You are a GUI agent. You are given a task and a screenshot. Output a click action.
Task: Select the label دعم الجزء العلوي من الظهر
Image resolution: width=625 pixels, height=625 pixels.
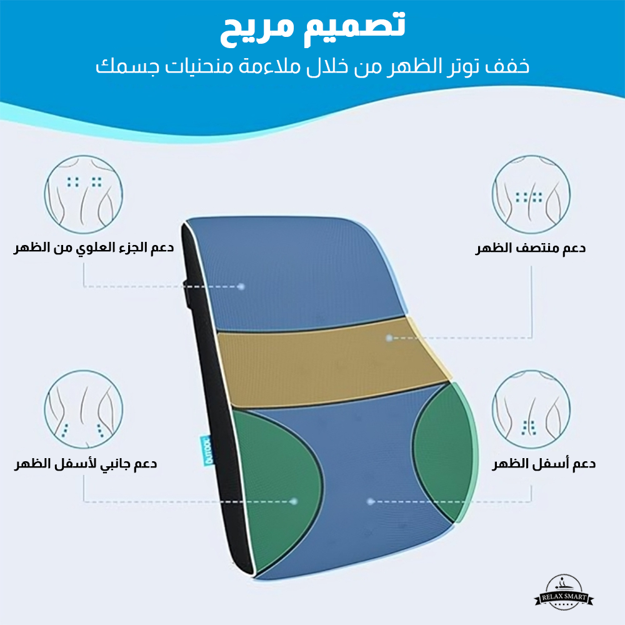(94, 248)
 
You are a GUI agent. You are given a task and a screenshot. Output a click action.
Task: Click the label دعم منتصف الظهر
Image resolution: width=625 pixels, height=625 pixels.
(530, 248)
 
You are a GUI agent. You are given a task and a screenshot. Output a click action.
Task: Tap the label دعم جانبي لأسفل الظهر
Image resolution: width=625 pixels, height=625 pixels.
(86, 464)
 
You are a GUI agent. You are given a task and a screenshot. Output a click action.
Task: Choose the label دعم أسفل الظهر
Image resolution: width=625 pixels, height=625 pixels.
(544, 464)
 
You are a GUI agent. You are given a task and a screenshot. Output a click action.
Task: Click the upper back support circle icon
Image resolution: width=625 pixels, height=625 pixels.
(84, 194)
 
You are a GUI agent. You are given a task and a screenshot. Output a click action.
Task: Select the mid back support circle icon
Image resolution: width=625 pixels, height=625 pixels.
(531, 194)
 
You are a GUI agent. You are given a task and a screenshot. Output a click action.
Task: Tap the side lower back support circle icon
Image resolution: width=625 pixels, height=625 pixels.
(84, 409)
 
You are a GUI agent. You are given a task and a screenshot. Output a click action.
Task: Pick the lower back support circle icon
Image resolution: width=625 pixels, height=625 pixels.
(531, 409)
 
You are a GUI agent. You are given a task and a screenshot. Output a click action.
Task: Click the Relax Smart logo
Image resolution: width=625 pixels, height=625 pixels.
(564, 592)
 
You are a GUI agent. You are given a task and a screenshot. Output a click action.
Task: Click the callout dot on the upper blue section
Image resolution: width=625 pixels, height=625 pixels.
(241, 286)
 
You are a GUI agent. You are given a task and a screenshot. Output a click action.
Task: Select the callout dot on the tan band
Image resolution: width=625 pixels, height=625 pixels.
(389, 338)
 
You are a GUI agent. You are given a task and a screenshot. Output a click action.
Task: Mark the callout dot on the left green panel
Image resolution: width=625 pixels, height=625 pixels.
(294, 501)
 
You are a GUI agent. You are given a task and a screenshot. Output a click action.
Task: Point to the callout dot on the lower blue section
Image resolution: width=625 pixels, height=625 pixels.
(370, 501)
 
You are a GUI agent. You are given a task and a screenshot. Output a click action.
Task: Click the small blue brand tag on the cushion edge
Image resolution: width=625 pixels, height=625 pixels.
(208, 451)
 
